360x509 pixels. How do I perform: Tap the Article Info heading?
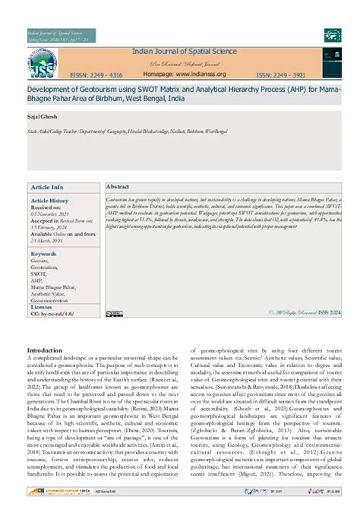(x=47, y=187)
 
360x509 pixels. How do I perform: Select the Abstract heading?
(x=118, y=187)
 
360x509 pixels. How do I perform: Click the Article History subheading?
(x=50, y=201)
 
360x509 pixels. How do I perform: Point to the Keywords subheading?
(x=43, y=254)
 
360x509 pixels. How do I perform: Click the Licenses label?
(x=44, y=307)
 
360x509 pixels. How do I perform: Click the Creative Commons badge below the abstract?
(x=114, y=313)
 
